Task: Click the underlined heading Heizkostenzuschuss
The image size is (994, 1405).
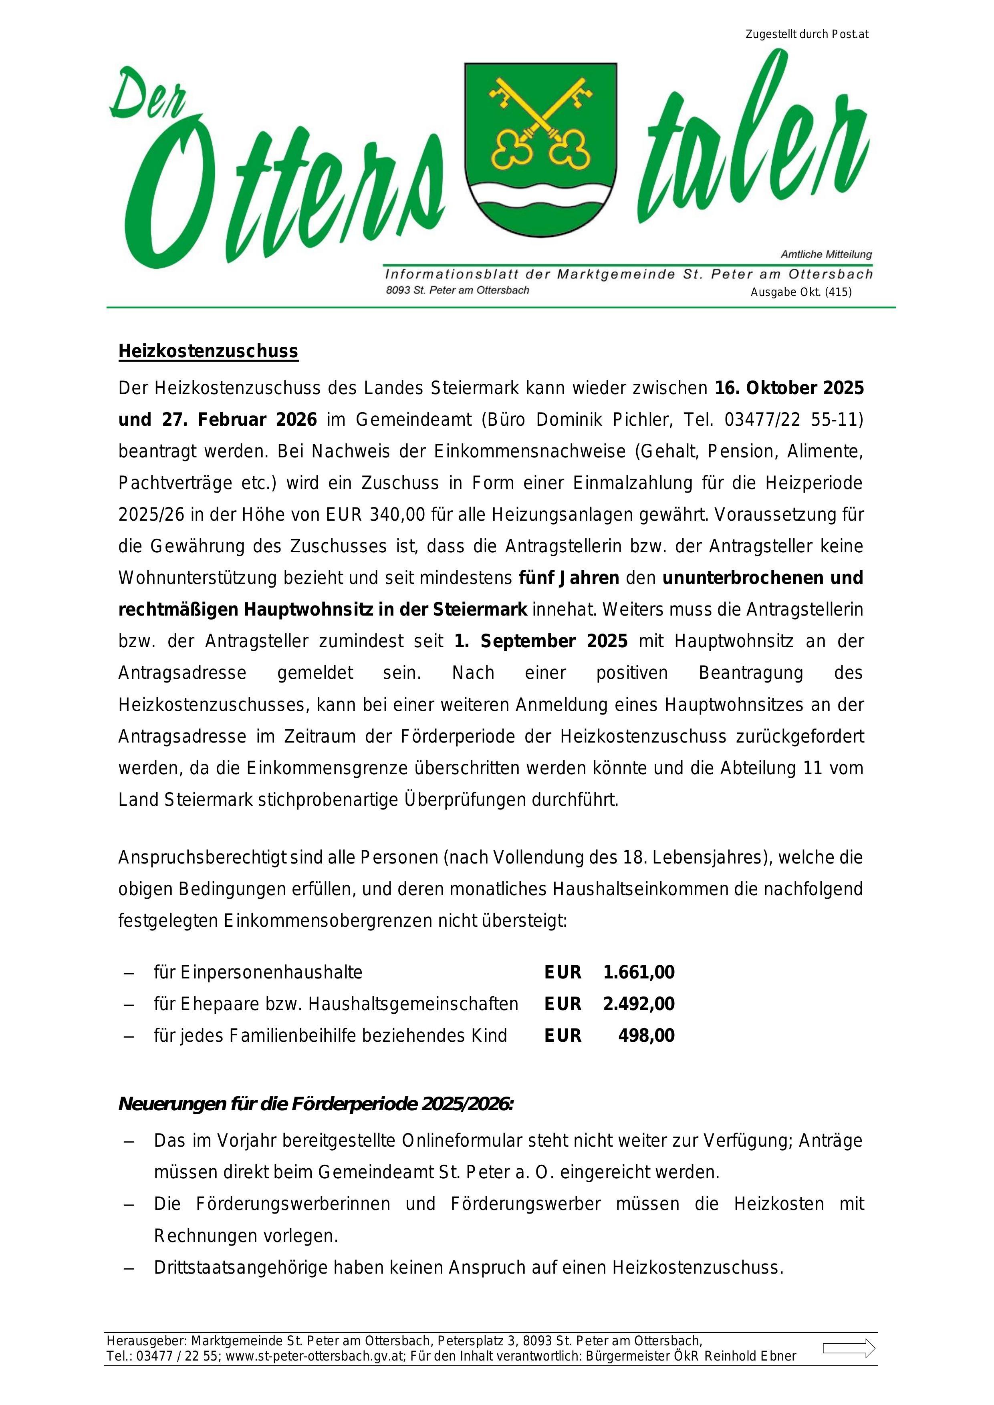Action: tap(208, 351)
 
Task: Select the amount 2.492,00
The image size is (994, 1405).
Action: tap(638, 1004)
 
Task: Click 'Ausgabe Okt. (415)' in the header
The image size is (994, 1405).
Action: tap(800, 292)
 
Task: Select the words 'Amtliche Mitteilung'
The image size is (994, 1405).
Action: tap(826, 254)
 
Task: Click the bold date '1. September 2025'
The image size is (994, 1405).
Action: tap(541, 641)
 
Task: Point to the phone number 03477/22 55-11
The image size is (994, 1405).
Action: tap(793, 420)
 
